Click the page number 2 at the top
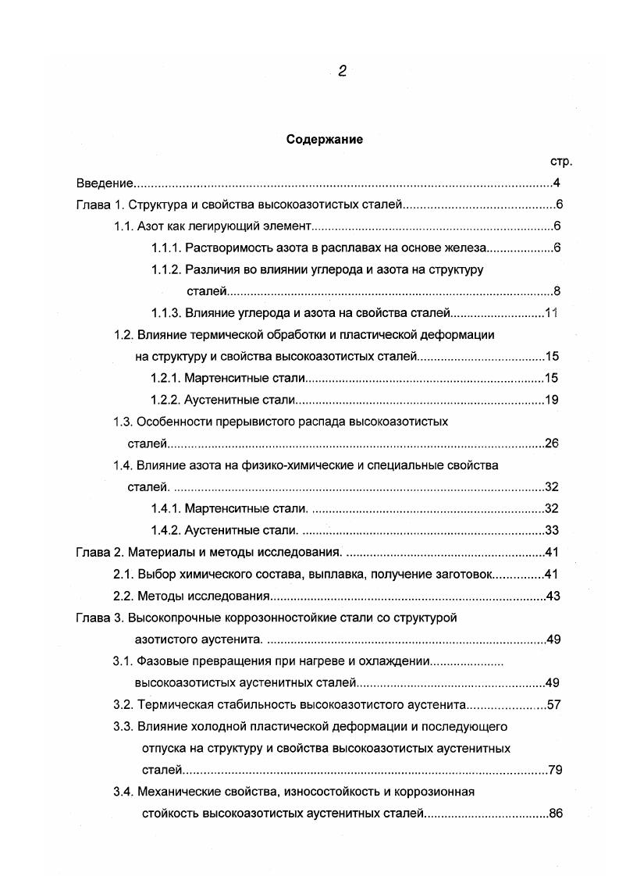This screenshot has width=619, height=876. pyautogui.click(x=342, y=71)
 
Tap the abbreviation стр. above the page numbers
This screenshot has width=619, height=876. pyautogui.click(x=560, y=162)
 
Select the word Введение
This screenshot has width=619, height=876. pyautogui.click(x=105, y=184)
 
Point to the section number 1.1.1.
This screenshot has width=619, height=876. pyautogui.click(x=166, y=248)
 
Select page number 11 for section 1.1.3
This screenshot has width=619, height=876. pyautogui.click(x=553, y=313)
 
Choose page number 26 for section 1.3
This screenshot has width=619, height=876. pyautogui.click(x=553, y=443)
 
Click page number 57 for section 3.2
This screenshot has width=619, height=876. pyautogui.click(x=554, y=704)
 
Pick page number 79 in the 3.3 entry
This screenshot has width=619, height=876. pyautogui.click(x=555, y=771)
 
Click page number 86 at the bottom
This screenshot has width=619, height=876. pyautogui.click(x=556, y=814)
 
